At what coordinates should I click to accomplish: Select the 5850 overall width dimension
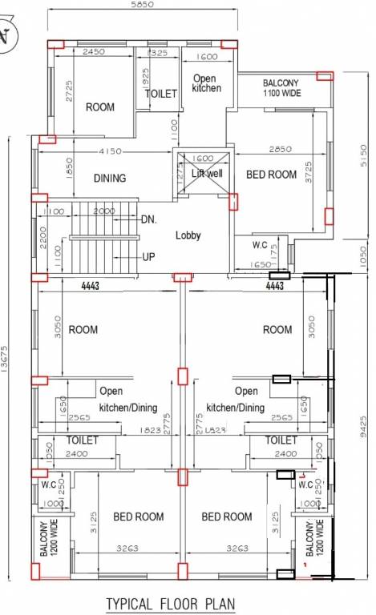(144, 5)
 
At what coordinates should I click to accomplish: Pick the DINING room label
(109, 179)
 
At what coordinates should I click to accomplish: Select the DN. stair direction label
(148, 219)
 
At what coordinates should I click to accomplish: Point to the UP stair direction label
(148, 257)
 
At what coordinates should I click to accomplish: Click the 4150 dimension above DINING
(111, 151)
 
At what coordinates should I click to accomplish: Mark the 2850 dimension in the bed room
(280, 149)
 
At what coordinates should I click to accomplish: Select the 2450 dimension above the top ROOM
(94, 52)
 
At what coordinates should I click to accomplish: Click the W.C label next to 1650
(260, 244)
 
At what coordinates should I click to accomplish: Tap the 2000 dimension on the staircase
(103, 211)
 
